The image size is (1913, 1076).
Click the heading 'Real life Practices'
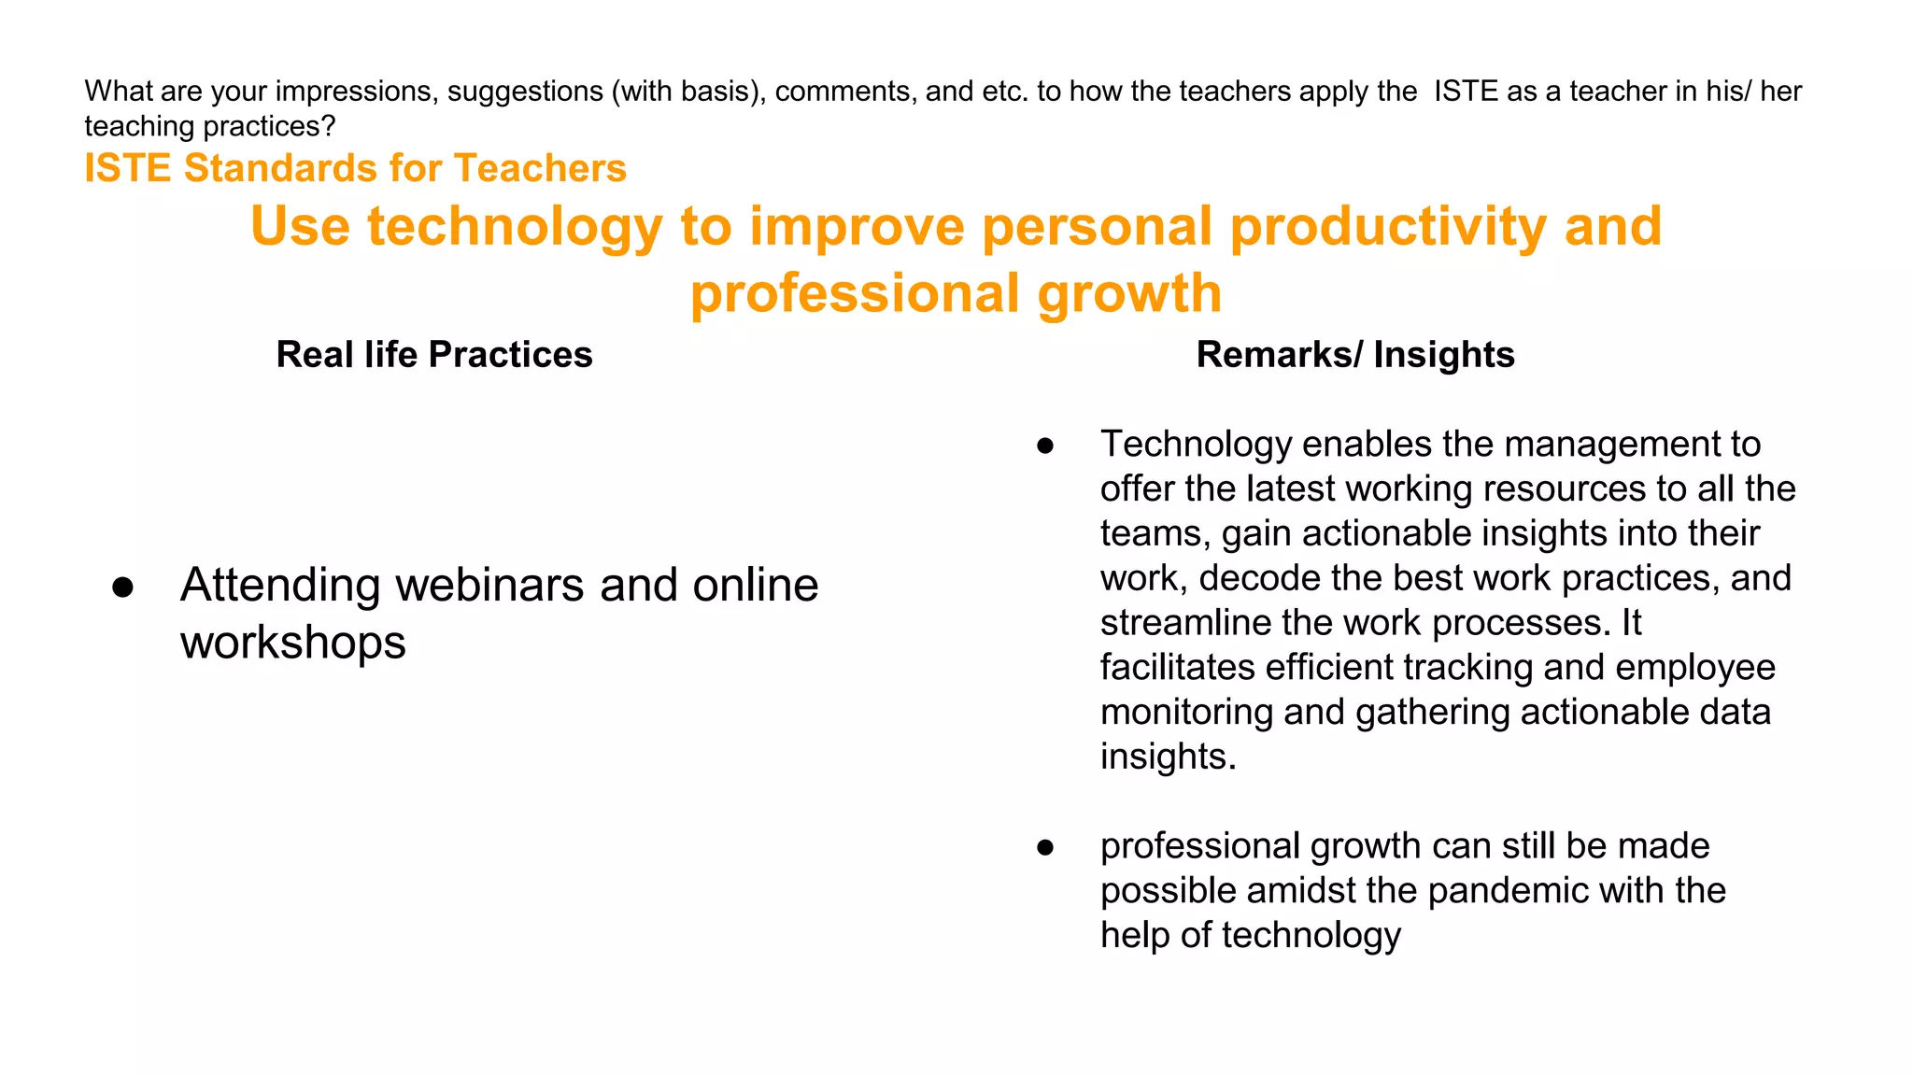click(434, 355)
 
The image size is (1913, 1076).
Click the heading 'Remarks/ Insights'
click(1354, 355)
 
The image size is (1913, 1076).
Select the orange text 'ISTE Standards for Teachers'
click(355, 168)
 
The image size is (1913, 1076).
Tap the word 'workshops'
click(292, 643)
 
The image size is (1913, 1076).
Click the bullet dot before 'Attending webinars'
click(122, 588)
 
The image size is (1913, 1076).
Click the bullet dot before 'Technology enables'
click(1045, 446)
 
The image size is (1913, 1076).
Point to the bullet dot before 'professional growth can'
click(1045, 847)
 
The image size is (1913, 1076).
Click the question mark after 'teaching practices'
click(328, 126)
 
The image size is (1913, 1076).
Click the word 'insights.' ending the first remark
click(1168, 757)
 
